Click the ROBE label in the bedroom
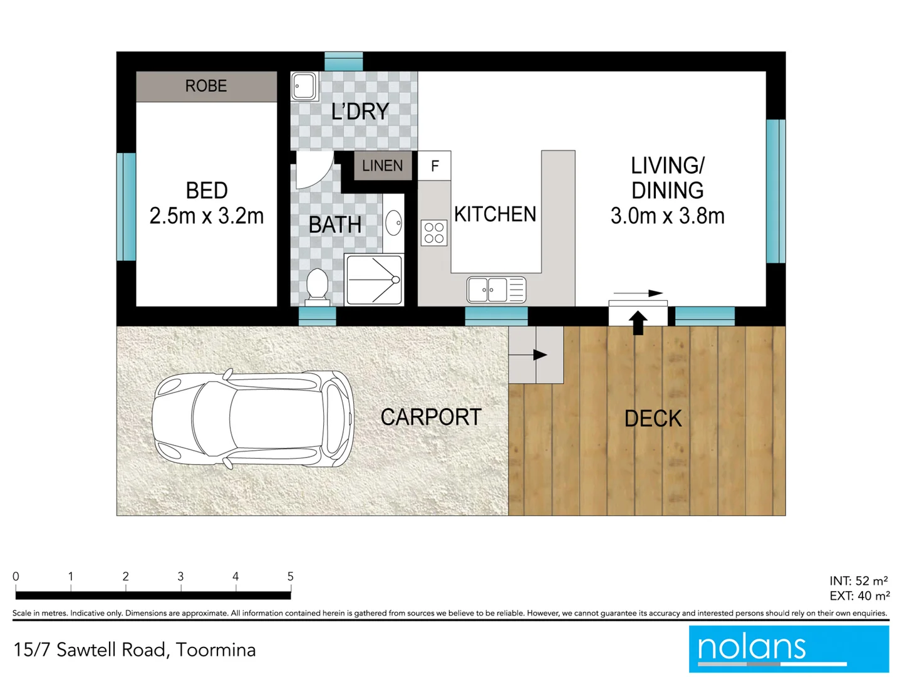pyautogui.click(x=206, y=86)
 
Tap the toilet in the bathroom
pyautogui.click(x=317, y=285)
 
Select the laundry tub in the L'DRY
pyautogui.click(x=304, y=86)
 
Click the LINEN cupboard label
pyautogui.click(x=382, y=165)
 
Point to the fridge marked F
pyautogui.click(x=435, y=166)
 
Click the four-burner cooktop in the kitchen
pyautogui.click(x=434, y=233)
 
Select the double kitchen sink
pyautogui.click(x=496, y=290)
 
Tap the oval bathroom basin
pyautogui.click(x=393, y=223)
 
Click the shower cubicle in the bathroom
pyautogui.click(x=374, y=280)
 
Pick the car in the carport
pyautogui.click(x=253, y=419)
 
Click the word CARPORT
pyautogui.click(x=431, y=417)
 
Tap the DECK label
pyautogui.click(x=653, y=419)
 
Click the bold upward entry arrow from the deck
pyautogui.click(x=638, y=322)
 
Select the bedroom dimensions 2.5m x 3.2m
pyautogui.click(x=206, y=216)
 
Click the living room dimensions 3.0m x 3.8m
pyautogui.click(x=667, y=216)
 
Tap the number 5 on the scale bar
pyautogui.click(x=290, y=576)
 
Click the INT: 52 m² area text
pyautogui.click(x=858, y=581)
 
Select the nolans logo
pyautogui.click(x=789, y=649)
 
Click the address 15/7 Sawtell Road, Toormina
pyautogui.click(x=135, y=650)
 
